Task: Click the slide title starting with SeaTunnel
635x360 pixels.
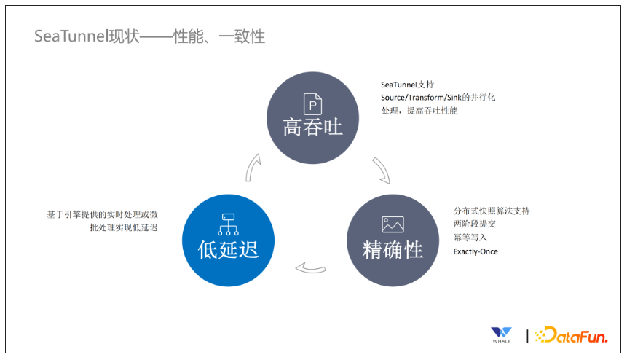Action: [149, 36]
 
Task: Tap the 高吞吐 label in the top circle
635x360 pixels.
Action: [312, 128]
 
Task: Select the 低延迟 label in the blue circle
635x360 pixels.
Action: [228, 249]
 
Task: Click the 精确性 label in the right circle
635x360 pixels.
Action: [393, 249]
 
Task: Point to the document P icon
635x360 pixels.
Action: [312, 104]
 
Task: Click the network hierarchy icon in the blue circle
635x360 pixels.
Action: [229, 224]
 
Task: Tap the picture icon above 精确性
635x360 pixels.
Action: [393, 224]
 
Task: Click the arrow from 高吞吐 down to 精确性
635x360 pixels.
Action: [382, 171]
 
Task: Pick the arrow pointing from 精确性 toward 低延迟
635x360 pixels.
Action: [310, 268]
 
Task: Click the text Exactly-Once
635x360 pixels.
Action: [476, 251]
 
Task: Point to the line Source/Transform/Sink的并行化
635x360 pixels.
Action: [438, 98]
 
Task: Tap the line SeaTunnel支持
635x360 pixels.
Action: [407, 85]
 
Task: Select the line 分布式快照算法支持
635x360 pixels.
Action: [492, 211]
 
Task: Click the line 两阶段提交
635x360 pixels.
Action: [475, 224]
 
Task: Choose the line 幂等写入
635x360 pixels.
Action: [470, 237]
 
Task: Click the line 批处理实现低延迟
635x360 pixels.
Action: [124, 227]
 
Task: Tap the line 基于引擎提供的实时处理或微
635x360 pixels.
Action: [102, 214]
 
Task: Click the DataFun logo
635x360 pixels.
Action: [572, 335]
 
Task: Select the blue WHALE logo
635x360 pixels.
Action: [501, 335]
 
